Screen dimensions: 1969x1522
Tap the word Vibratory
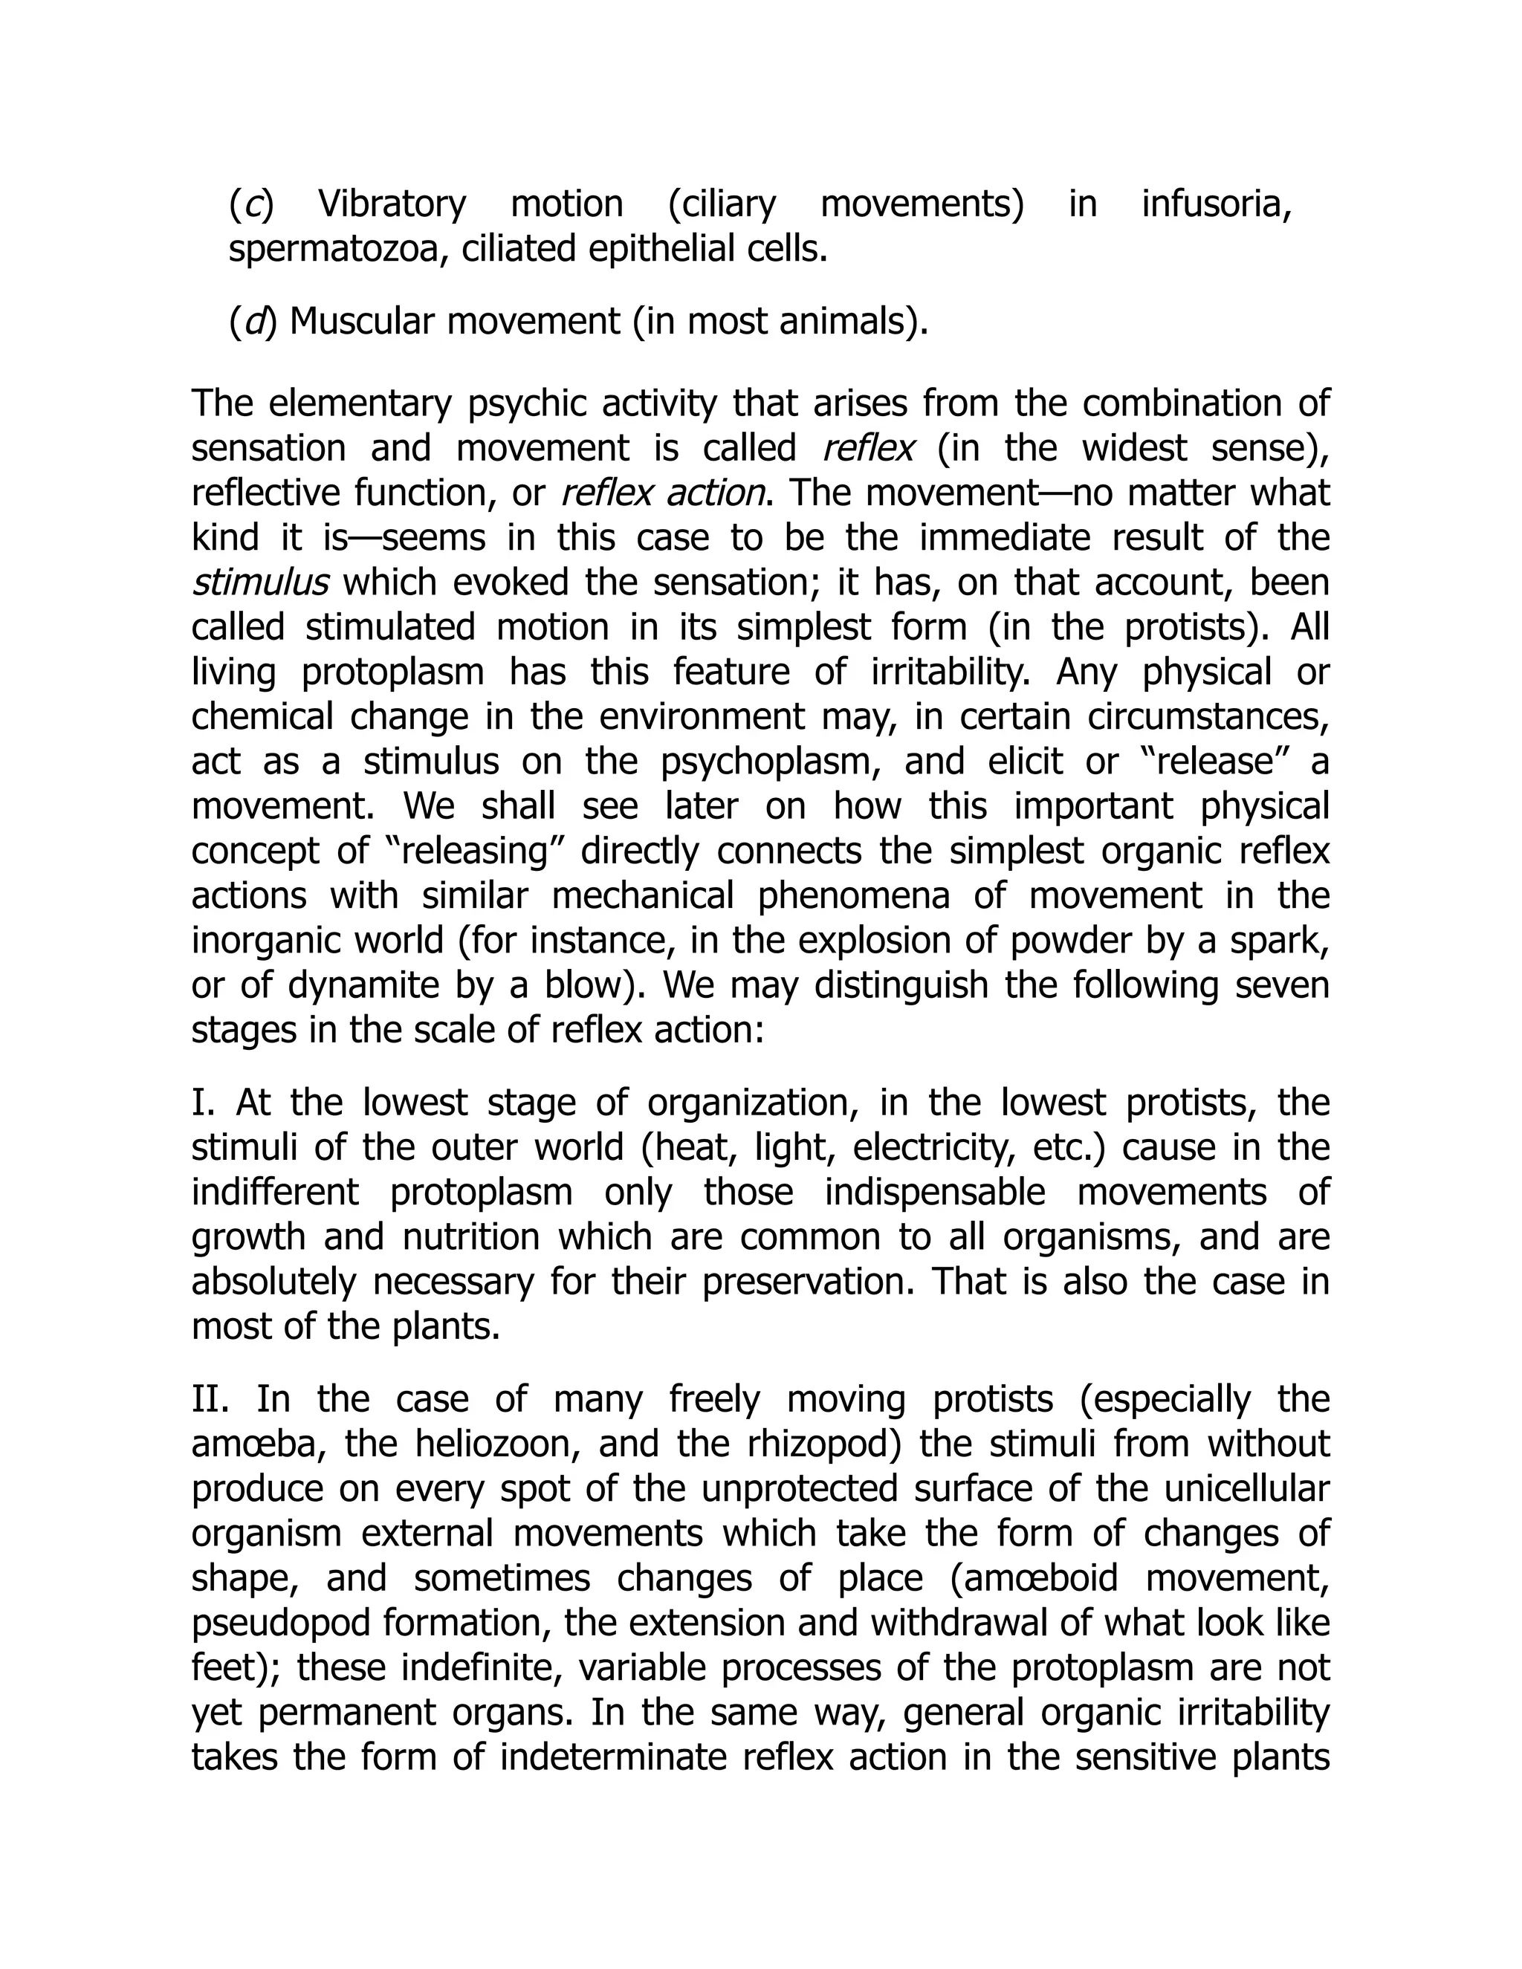392,204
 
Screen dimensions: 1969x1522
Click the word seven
1280,985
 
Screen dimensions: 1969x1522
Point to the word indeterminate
618,1757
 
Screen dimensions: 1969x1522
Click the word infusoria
1217,204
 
